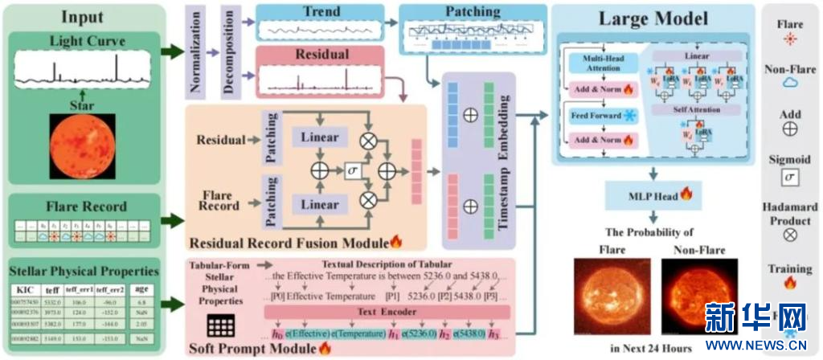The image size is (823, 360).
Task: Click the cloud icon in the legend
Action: (789, 81)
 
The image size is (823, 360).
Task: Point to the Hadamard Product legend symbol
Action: (790, 235)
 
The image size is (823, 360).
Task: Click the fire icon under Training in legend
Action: (790, 283)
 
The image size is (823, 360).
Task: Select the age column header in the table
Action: (140, 288)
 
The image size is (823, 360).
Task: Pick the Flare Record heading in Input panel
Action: (88, 207)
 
